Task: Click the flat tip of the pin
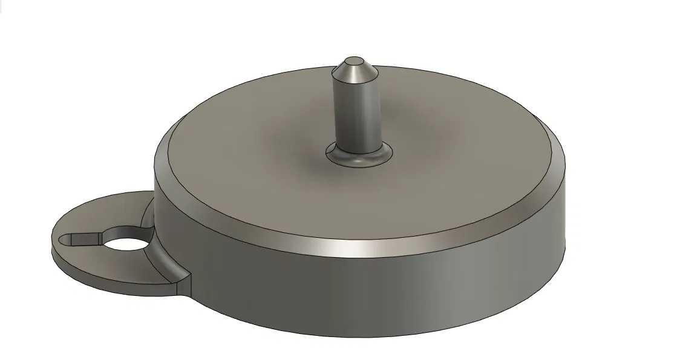coord(351,60)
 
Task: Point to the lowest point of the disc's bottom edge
coord(363,337)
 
